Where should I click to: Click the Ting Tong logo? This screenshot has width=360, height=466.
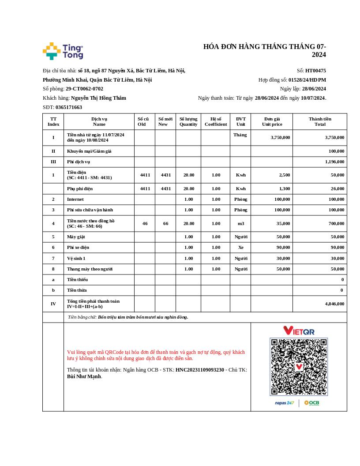[63, 51]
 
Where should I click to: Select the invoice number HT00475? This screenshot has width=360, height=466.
[315, 71]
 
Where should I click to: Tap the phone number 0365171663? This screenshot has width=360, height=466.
[69, 107]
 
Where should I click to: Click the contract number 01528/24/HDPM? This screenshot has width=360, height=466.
[307, 80]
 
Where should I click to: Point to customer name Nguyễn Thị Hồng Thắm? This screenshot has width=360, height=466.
[98, 98]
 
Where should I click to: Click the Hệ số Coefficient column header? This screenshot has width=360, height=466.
[216, 121]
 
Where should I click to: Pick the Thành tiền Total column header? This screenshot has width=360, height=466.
[320, 121]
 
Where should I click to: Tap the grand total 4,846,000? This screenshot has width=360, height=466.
[334, 304]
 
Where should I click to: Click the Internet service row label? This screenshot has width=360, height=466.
[75, 199]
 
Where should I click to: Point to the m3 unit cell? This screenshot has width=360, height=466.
[240, 223]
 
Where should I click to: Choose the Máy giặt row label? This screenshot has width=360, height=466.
[76, 237]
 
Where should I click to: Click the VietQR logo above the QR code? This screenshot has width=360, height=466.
[299, 331]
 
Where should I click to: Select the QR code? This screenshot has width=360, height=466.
[299, 367]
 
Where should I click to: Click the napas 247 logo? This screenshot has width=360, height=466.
[285, 403]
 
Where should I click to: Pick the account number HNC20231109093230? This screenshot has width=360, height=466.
[200, 370]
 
